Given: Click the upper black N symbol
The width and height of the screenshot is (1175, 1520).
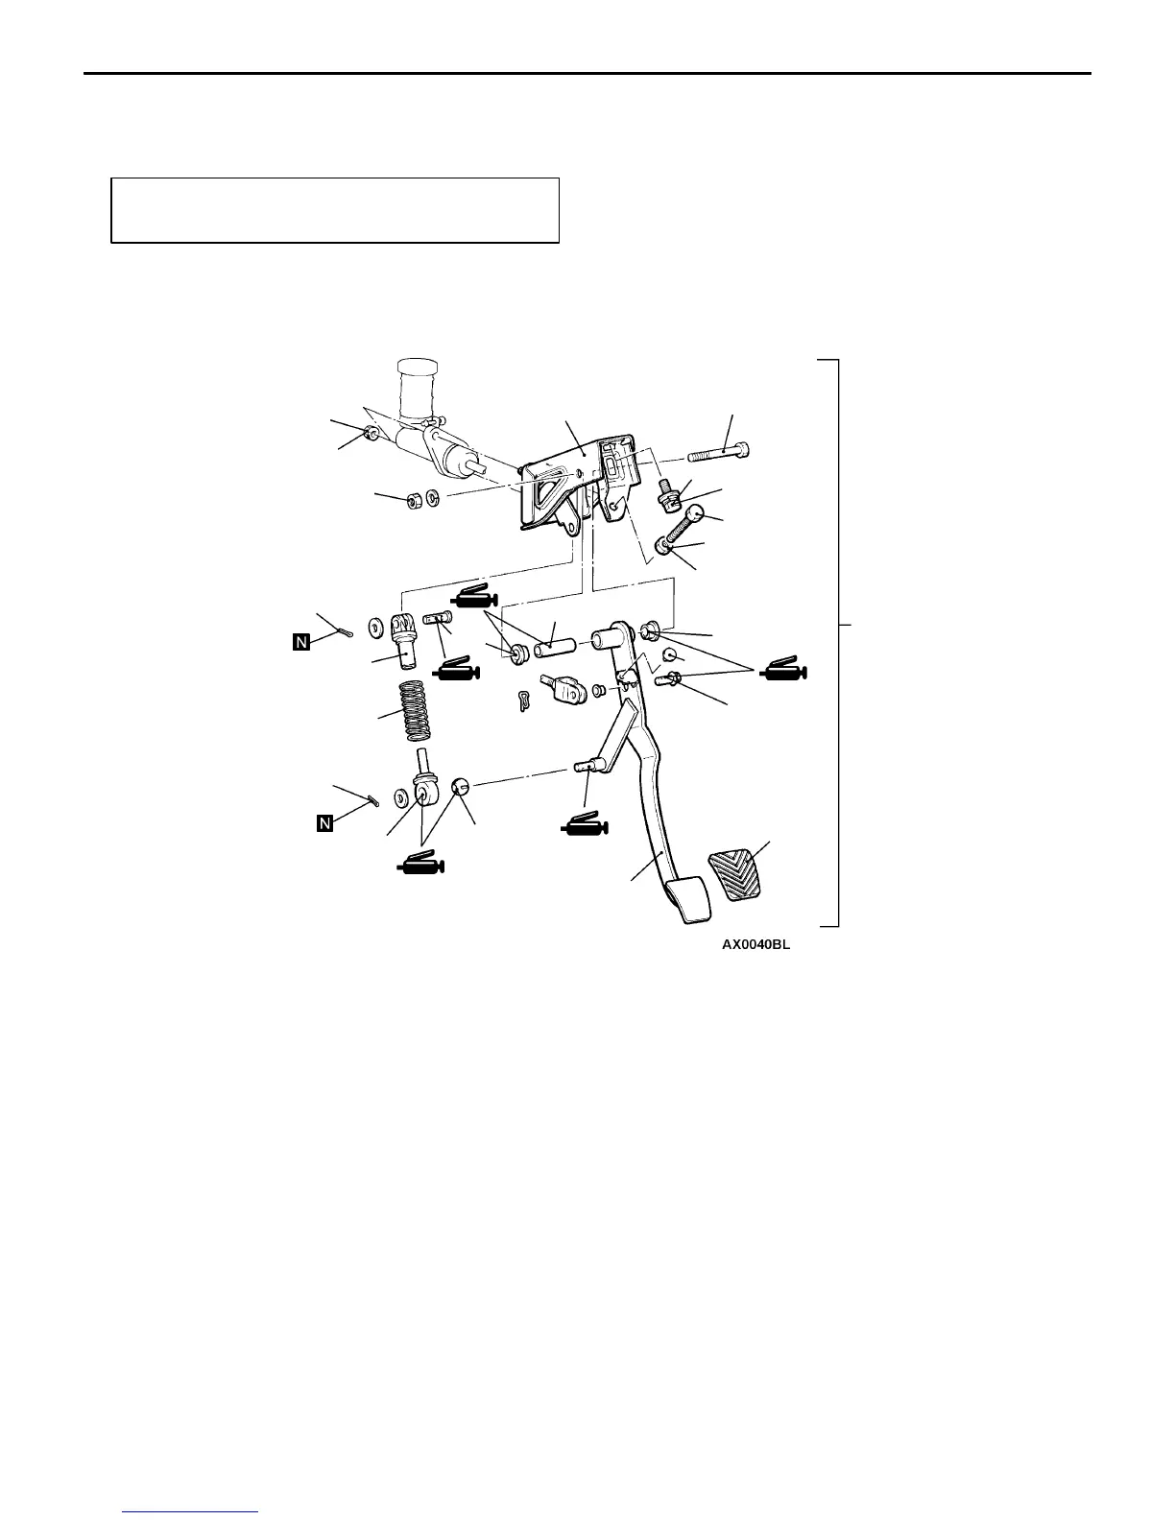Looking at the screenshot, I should point(301,643).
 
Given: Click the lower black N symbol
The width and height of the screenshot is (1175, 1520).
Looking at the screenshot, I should point(324,823).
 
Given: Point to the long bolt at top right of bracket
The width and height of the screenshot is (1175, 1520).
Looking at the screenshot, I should point(719,452).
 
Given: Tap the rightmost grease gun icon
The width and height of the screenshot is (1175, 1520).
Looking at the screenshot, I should point(785,673).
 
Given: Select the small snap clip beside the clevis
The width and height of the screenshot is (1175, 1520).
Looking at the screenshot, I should point(523,701).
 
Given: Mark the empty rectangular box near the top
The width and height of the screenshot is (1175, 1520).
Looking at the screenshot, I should point(335,210).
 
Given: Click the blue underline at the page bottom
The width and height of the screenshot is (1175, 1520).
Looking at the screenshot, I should point(192,1512).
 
